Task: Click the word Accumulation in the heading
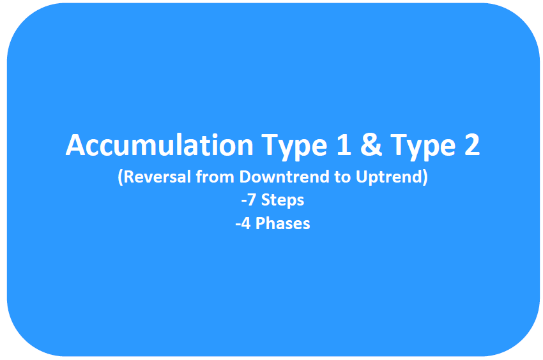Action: point(160,145)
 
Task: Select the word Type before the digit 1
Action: point(294,147)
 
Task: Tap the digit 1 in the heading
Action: point(344,144)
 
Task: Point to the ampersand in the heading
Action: point(371,144)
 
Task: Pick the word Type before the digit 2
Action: point(423,147)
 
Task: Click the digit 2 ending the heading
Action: point(472,144)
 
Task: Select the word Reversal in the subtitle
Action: point(157,177)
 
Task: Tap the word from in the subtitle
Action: point(215,177)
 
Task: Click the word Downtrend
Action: point(284,177)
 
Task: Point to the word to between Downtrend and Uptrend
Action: point(343,177)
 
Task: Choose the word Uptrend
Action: point(389,177)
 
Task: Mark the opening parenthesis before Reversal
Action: point(121,177)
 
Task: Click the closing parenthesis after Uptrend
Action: point(425,177)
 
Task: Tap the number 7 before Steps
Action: point(251,200)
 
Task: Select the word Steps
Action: point(282,201)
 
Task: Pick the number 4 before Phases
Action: point(245,223)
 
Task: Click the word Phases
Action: point(282,223)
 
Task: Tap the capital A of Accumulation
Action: point(76,145)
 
